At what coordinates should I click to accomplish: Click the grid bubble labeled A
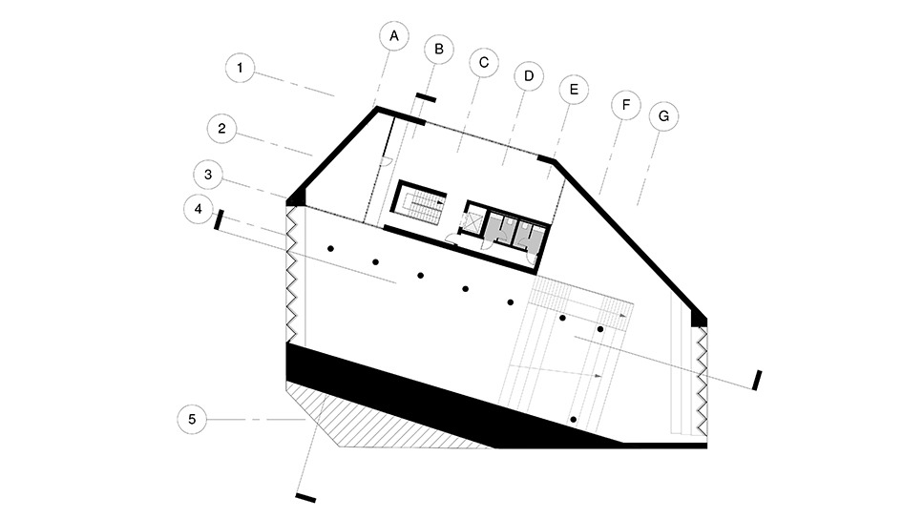pos(394,36)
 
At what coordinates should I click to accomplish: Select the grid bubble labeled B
pos(439,49)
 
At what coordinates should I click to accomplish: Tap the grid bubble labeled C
pos(484,62)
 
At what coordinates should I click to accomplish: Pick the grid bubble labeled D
pos(529,76)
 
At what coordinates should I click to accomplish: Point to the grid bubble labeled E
pos(574,90)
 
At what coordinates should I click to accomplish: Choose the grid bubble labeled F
pos(626,105)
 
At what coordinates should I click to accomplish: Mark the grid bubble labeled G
pos(663,116)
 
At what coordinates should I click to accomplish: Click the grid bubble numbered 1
pos(240,68)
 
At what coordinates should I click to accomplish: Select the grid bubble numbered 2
pos(221,129)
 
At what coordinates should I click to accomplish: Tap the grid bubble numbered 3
pos(208,175)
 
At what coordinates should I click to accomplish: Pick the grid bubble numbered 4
pos(198,209)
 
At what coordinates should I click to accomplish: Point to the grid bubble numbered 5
pos(192,420)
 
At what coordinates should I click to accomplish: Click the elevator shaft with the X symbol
pos(474,221)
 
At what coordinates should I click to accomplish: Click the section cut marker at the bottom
pos(305,498)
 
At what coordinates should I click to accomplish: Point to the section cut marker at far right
pos(757,380)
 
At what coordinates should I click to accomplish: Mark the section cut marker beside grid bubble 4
pos(219,219)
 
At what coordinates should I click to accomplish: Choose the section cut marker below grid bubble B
pos(426,98)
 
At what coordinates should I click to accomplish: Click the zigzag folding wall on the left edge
pos(290,274)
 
